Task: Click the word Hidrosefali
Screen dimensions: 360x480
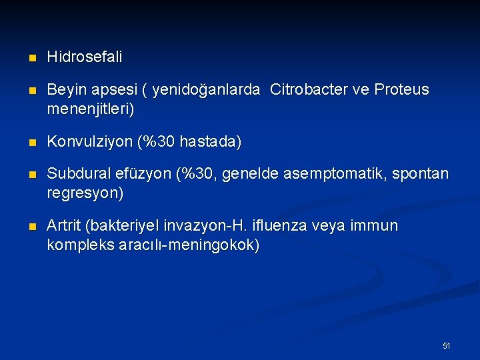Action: pyautogui.click(x=85, y=58)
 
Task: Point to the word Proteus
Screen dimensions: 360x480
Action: pyautogui.click(x=402, y=90)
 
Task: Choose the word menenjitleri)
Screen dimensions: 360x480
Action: pyautogui.click(x=90, y=109)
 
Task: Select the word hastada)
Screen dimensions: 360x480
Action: pyautogui.click(x=215, y=142)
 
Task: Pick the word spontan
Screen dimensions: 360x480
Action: pyautogui.click(x=423, y=175)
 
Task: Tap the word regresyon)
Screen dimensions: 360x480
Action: pyautogui.click(x=85, y=193)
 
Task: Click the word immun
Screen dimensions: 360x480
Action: pyautogui.click(x=377, y=227)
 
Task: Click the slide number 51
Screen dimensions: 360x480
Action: pyautogui.click(x=447, y=345)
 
